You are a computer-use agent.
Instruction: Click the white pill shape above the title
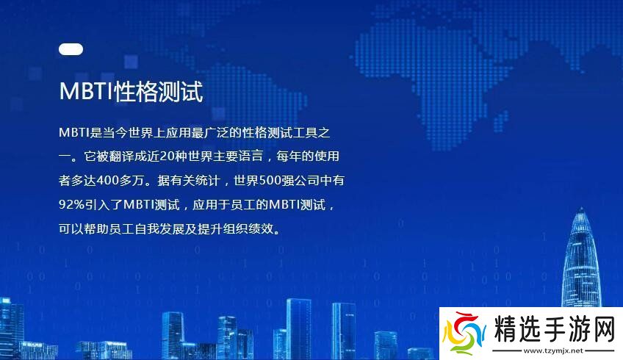tap(71, 50)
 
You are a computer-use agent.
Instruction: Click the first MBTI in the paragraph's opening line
tap(73, 132)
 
